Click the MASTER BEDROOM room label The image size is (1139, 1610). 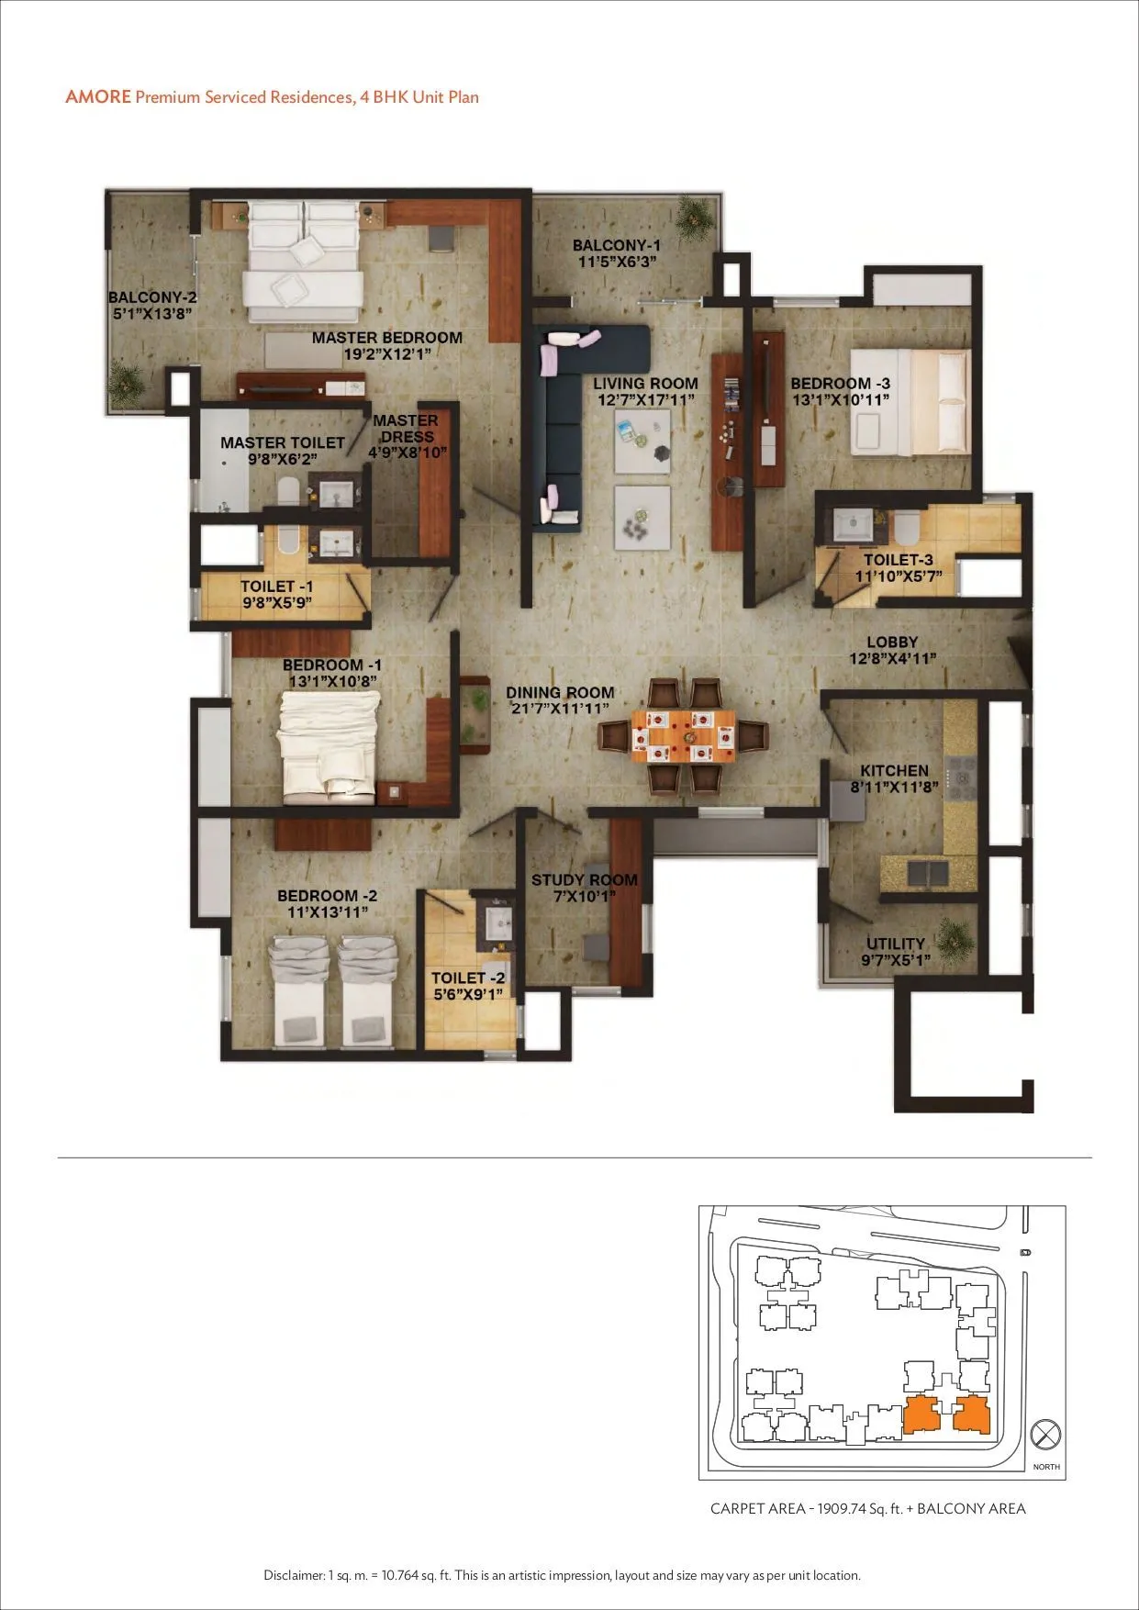[x=386, y=338]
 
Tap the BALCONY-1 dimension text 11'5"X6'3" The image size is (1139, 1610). [x=616, y=263]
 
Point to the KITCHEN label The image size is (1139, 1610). [x=894, y=771]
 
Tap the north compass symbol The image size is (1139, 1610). [x=1045, y=1434]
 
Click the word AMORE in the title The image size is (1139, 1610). [x=98, y=97]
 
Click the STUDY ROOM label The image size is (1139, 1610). [x=584, y=880]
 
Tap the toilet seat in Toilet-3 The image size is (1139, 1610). [x=906, y=527]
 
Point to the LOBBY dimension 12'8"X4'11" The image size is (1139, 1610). [x=892, y=659]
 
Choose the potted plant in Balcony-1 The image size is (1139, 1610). [x=694, y=214]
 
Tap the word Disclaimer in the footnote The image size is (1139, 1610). [x=294, y=1575]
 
